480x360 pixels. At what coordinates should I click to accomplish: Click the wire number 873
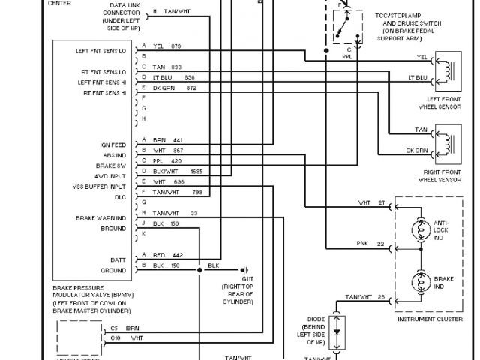coord(177,46)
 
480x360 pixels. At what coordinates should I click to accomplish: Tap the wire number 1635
coord(195,172)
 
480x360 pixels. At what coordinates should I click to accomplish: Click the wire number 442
coord(177,255)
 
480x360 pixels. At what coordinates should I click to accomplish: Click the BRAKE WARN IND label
coord(100,218)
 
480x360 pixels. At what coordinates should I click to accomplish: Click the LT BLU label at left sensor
coord(418,78)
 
